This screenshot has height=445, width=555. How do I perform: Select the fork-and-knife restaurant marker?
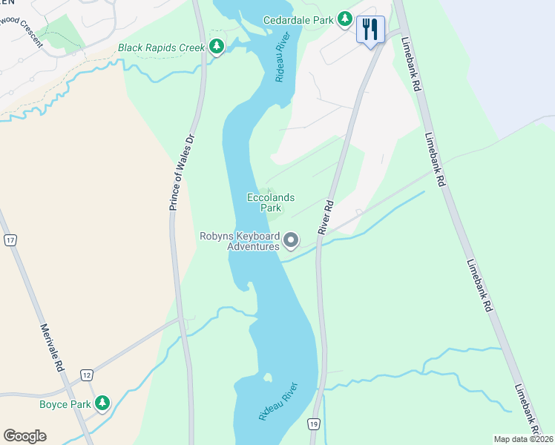(370, 30)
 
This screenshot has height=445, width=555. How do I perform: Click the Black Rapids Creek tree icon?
(217, 47)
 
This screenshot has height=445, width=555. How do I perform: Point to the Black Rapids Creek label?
(161, 48)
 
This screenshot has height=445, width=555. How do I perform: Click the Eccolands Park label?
(271, 202)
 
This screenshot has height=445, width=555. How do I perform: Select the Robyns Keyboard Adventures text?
(239, 241)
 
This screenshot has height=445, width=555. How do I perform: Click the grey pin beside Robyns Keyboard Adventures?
(291, 240)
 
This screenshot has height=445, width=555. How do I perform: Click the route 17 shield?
(10, 240)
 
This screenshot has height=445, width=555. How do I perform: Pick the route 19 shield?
(314, 422)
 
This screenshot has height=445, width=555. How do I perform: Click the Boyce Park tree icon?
(102, 404)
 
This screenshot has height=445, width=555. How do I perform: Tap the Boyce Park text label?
(65, 405)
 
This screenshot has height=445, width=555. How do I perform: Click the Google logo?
(24, 436)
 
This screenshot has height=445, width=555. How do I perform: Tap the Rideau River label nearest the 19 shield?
(278, 400)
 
